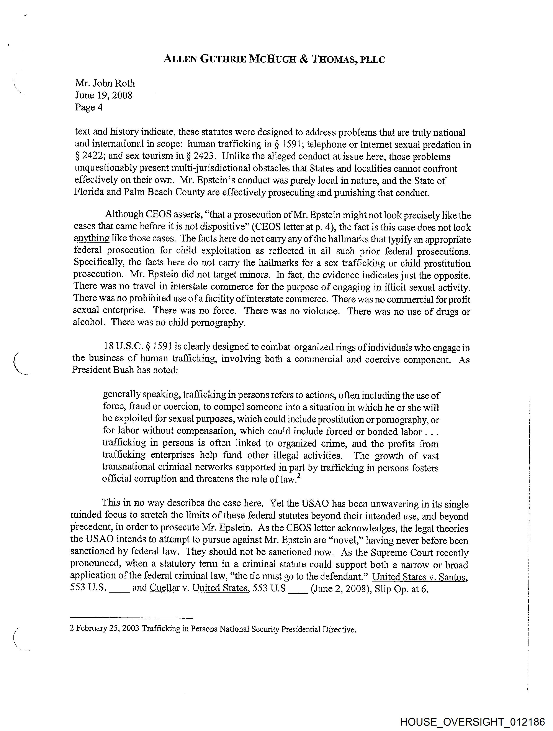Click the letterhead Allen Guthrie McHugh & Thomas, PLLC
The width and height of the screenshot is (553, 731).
point(274,59)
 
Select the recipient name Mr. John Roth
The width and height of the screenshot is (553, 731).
point(105,83)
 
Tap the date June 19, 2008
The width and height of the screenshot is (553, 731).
point(104,95)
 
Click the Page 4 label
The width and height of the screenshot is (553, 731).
point(88,107)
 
